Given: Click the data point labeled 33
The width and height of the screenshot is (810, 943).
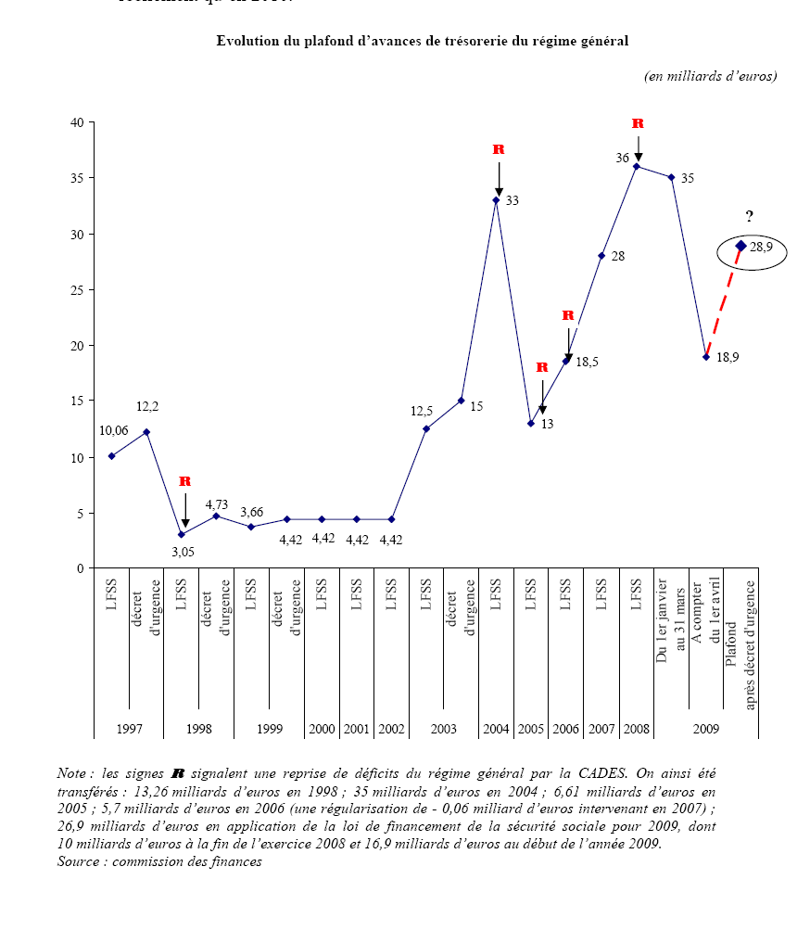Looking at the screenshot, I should (x=496, y=200).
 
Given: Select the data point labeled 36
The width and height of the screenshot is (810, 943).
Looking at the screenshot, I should (x=637, y=167).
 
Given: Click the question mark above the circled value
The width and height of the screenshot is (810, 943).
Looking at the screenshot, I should (x=750, y=217).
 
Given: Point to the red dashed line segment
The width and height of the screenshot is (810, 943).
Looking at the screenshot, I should (x=723, y=302).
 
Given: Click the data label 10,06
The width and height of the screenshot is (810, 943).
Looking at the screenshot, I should (x=115, y=429).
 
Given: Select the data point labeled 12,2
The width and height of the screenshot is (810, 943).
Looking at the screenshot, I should (x=146, y=432).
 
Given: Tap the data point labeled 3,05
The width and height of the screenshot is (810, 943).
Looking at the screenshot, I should (x=182, y=534).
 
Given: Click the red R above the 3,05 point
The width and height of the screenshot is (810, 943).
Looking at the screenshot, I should (x=184, y=481).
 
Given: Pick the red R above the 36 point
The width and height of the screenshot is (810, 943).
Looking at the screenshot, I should (x=638, y=123).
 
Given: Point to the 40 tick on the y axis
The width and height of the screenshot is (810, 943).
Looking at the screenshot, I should (x=78, y=122).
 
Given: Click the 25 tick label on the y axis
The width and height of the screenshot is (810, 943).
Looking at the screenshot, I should (x=78, y=290).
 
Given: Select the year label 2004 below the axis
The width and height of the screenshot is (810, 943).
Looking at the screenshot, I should (x=496, y=729).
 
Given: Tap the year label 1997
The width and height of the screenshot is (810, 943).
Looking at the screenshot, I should (x=129, y=729).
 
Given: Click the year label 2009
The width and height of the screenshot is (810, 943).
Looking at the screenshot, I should (x=706, y=729).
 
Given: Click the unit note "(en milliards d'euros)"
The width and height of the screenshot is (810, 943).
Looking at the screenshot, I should (x=710, y=76).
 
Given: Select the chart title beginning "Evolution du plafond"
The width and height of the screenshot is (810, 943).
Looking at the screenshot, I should (x=423, y=41).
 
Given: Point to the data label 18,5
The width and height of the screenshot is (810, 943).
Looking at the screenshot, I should (x=587, y=363).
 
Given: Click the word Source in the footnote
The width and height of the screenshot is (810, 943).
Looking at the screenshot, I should (x=78, y=861).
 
